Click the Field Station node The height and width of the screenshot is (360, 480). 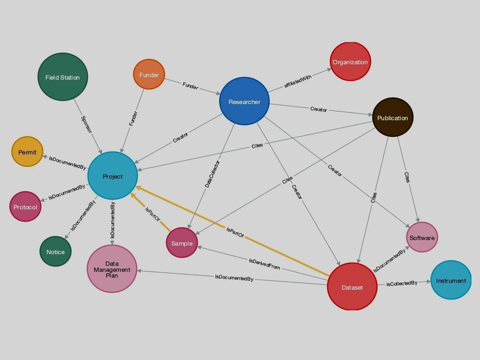tap(63, 77)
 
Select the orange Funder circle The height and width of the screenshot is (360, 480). tap(149, 74)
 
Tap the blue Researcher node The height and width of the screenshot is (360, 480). tap(244, 101)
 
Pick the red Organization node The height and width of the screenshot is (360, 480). tap(350, 61)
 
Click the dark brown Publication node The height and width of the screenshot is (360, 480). tap(393, 117)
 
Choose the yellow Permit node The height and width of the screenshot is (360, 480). tap(27, 152)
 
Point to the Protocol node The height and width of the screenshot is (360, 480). tap(25, 206)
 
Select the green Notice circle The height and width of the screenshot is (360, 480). tap(55, 252)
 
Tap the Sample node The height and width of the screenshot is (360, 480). tap(182, 243)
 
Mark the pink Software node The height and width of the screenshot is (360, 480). tap(422, 237)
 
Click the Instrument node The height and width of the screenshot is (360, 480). tap(451, 280)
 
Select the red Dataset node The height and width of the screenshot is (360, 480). tap(352, 287)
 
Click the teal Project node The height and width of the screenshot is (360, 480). tap(113, 176)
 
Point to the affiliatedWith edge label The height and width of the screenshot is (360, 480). tap(298, 81)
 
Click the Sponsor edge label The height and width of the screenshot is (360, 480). tap(86, 124)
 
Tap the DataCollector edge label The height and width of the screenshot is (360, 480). tap(212, 174)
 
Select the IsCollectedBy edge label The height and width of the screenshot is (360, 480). tap(402, 284)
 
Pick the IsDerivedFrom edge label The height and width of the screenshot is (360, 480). tap(264, 264)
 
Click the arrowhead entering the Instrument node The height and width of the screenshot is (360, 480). tap(428, 282)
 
